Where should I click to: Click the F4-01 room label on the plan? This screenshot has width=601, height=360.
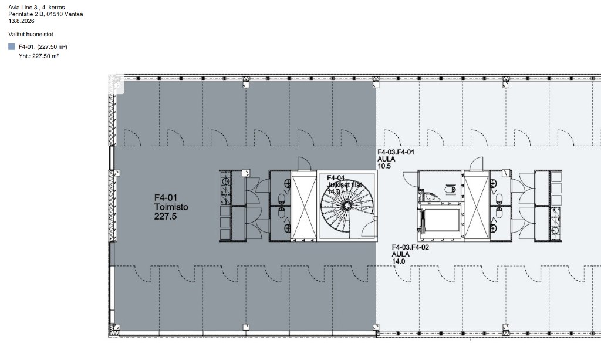pyautogui.click(x=166, y=197)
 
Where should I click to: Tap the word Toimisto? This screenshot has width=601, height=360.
pyautogui.click(x=171, y=207)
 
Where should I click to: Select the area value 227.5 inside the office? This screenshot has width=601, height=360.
pyautogui.click(x=166, y=216)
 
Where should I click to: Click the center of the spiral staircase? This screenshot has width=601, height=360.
pyautogui.click(x=347, y=206)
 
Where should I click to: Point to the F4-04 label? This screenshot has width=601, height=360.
pyautogui.click(x=336, y=178)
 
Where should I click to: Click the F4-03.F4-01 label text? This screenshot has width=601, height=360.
pyautogui.click(x=396, y=152)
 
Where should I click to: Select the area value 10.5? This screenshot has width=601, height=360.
pyautogui.click(x=384, y=166)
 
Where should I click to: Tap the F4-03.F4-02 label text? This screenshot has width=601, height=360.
pyautogui.click(x=410, y=247)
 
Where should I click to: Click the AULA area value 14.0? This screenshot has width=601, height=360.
pyautogui.click(x=399, y=261)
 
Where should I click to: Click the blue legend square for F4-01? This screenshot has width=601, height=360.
pyautogui.click(x=12, y=47)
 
